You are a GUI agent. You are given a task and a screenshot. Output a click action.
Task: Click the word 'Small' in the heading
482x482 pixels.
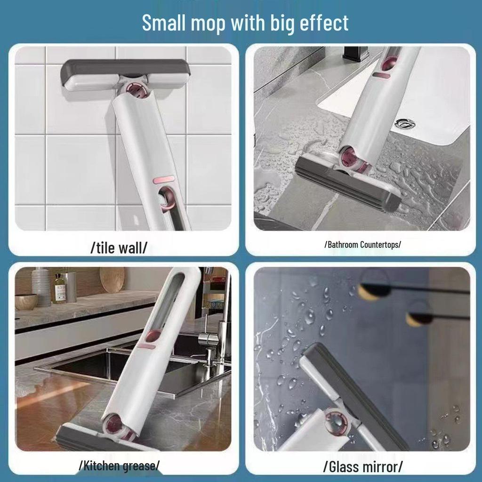pos(164,23)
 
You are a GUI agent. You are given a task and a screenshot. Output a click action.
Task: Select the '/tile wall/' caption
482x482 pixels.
pos(119,248)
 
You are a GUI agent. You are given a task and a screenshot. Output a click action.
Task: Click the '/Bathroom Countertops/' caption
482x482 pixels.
pos(363,245)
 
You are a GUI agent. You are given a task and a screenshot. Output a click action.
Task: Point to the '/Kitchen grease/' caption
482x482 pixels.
pos(119,466)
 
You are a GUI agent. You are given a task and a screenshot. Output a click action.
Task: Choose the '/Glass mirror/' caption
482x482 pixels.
pos(363,467)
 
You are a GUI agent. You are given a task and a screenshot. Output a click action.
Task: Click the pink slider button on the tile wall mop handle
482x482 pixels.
pos(163,180)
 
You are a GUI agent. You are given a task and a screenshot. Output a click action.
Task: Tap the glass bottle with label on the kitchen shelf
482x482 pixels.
pos(60,289)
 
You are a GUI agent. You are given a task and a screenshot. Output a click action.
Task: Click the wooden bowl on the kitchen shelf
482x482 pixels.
pos(26,302)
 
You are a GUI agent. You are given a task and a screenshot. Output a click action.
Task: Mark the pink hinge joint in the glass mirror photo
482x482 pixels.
pos(337,422)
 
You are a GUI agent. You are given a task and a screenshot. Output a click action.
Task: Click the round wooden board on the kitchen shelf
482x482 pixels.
pos(112,280)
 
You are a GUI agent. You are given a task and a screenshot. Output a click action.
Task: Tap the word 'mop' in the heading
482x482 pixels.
pos(208,24)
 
